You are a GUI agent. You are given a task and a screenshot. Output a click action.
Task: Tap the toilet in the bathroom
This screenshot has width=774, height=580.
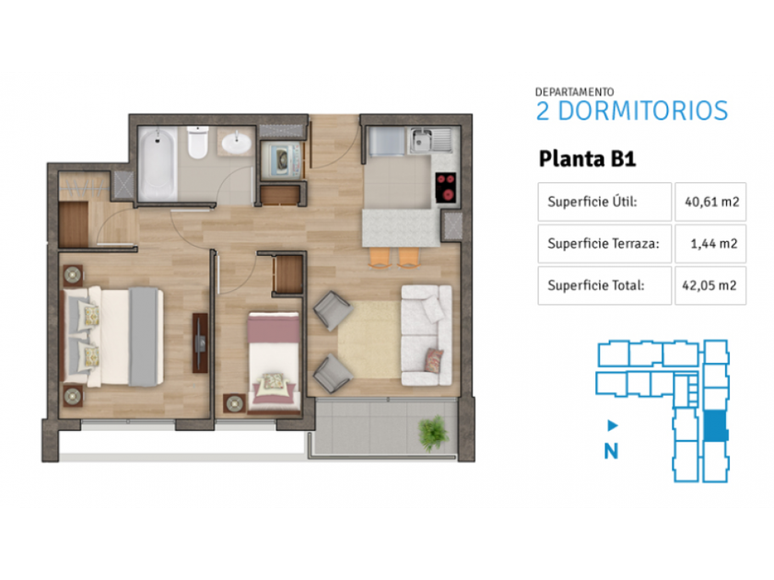tap(198, 143)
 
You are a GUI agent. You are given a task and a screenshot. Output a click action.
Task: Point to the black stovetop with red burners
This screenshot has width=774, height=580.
tap(446, 188)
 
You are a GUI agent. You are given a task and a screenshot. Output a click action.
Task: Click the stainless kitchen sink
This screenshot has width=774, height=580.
tap(430, 140)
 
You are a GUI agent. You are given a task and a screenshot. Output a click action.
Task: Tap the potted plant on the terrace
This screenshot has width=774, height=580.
tap(432, 433)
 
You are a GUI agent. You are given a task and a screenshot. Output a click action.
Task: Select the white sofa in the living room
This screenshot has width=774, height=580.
tap(427, 335)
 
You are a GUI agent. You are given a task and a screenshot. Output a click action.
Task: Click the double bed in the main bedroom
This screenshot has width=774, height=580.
tap(112, 337)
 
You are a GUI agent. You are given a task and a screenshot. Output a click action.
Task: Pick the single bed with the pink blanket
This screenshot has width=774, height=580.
tap(274, 362)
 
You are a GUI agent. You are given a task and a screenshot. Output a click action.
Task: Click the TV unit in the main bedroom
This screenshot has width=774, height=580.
tap(200, 342)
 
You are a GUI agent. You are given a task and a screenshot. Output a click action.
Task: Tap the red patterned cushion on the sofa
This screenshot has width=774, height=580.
tap(434, 360)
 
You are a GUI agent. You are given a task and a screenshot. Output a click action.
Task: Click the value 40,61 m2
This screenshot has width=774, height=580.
tap(711, 202)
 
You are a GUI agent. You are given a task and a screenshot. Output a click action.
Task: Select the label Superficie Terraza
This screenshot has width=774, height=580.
tap(604, 244)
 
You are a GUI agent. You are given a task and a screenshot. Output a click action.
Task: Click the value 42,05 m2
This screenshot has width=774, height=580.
tap(709, 285)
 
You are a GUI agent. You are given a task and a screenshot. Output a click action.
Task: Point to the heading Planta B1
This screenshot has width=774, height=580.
tap(588, 159)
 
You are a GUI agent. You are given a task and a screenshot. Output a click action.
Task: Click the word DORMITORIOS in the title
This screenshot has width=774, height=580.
tap(643, 111)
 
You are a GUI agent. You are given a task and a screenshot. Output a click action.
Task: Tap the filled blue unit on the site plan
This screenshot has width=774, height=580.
tap(715, 426)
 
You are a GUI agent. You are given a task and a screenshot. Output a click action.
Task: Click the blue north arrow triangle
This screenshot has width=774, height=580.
tap(613, 425)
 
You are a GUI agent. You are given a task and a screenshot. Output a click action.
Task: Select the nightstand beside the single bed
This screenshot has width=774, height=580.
tap(234, 403)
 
